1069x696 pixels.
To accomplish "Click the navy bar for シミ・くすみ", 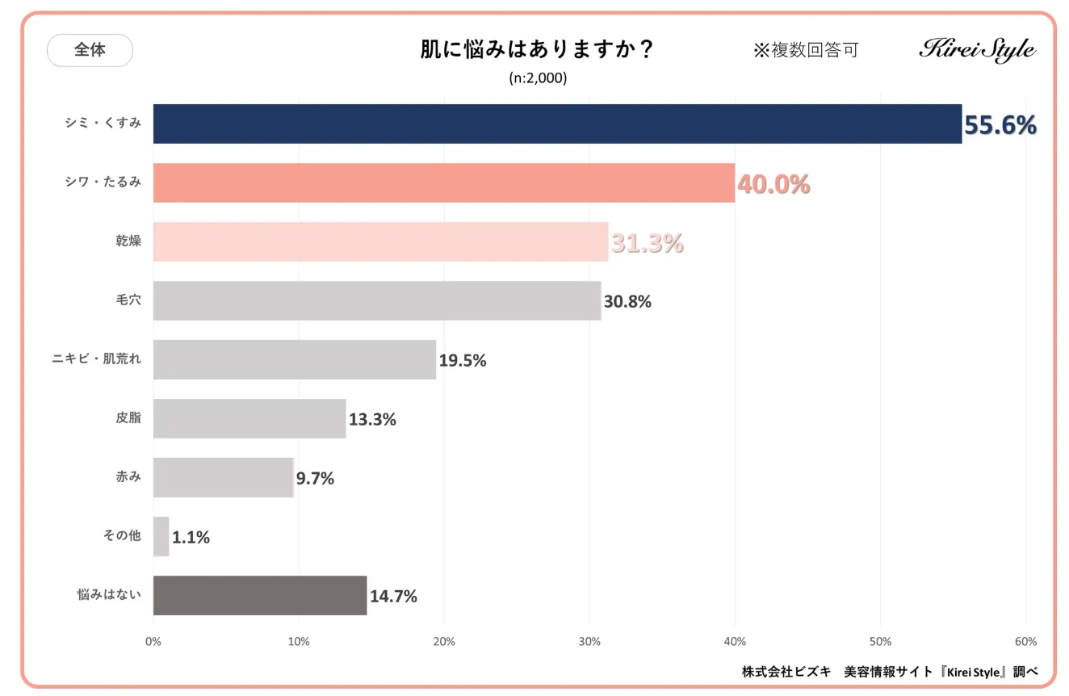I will pyautogui.click(x=557, y=124).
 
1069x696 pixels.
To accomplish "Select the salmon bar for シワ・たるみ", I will pyautogui.click(x=443, y=182).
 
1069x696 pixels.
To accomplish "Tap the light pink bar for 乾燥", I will pyautogui.click(x=380, y=241).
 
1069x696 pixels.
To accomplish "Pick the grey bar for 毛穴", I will pyautogui.click(x=377, y=300).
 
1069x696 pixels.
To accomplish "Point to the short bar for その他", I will pyautogui.click(x=161, y=536).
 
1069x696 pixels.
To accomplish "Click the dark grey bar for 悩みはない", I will pyautogui.click(x=260, y=595).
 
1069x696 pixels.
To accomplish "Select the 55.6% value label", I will pyautogui.click(x=1000, y=125).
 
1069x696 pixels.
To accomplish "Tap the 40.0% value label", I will pyautogui.click(x=773, y=184).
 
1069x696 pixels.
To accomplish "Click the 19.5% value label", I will pyautogui.click(x=463, y=360).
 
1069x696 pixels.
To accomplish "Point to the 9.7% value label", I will pyautogui.click(x=315, y=478).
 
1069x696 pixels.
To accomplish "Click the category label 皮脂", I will pyautogui.click(x=128, y=417).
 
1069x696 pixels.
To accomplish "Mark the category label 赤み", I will pyautogui.click(x=128, y=476).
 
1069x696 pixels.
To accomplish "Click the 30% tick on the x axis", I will pyautogui.click(x=589, y=642).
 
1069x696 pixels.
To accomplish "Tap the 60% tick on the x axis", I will pyautogui.click(x=1025, y=642).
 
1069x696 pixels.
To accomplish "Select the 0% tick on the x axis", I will pyautogui.click(x=153, y=642).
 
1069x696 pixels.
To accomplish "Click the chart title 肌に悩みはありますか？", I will pyautogui.click(x=537, y=50).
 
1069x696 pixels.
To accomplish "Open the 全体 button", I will pyautogui.click(x=90, y=50).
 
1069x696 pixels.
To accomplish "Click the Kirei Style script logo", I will pyautogui.click(x=977, y=48).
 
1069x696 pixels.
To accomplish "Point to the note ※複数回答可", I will pyautogui.click(x=806, y=50).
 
